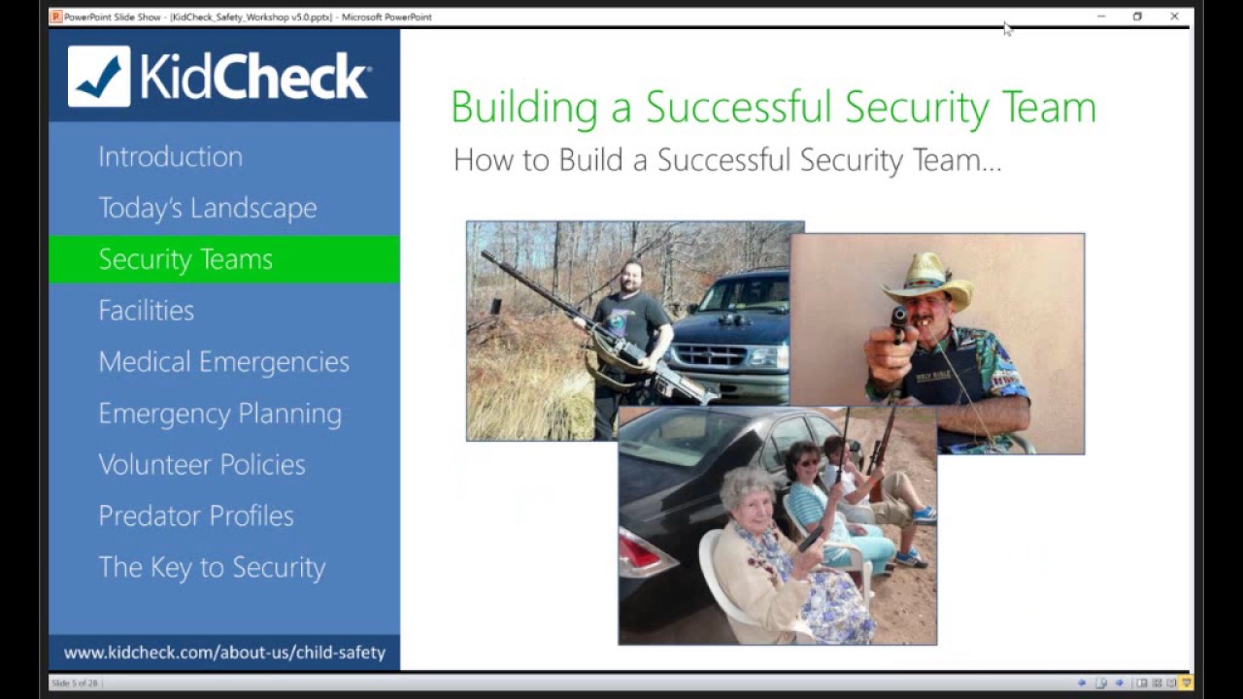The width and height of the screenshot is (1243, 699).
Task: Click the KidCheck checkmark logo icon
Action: coord(99,76)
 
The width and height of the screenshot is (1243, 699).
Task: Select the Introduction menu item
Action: coord(170,156)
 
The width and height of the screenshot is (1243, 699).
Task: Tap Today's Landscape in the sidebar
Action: coord(207,208)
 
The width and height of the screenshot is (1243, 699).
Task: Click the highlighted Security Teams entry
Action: coord(185,259)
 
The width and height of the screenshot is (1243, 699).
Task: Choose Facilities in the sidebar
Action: coord(146,311)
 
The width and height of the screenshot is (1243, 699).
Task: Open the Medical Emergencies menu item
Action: coord(223,362)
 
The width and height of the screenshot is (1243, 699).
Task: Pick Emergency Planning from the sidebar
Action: coord(219,414)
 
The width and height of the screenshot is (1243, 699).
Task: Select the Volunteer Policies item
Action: coord(201,465)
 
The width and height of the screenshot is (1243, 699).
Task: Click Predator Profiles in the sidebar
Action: coord(195,516)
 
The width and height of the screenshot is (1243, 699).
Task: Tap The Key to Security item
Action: coord(212,568)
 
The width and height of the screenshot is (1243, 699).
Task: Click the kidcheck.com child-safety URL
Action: coord(224,652)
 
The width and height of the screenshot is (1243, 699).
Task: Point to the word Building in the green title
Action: coord(523,107)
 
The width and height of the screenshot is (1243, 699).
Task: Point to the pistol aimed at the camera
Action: coord(899,320)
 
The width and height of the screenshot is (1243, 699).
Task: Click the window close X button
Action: coord(1174,17)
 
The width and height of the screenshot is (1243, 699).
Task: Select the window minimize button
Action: coord(1100,17)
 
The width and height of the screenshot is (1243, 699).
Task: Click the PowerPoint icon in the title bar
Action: coord(56,17)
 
